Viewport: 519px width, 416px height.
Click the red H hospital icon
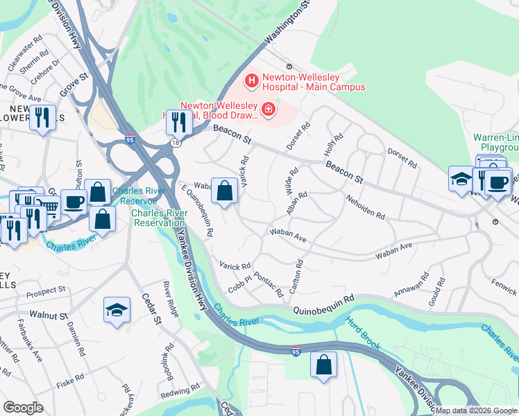click(x=251, y=81)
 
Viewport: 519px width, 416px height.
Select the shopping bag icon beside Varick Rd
click(x=225, y=192)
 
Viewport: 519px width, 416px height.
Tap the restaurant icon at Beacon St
click(x=180, y=122)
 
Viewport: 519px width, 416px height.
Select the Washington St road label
click(x=286, y=29)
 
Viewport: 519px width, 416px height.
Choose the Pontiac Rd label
click(x=269, y=284)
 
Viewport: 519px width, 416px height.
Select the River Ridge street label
click(x=170, y=299)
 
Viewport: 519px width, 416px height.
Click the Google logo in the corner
click(x=23, y=407)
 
